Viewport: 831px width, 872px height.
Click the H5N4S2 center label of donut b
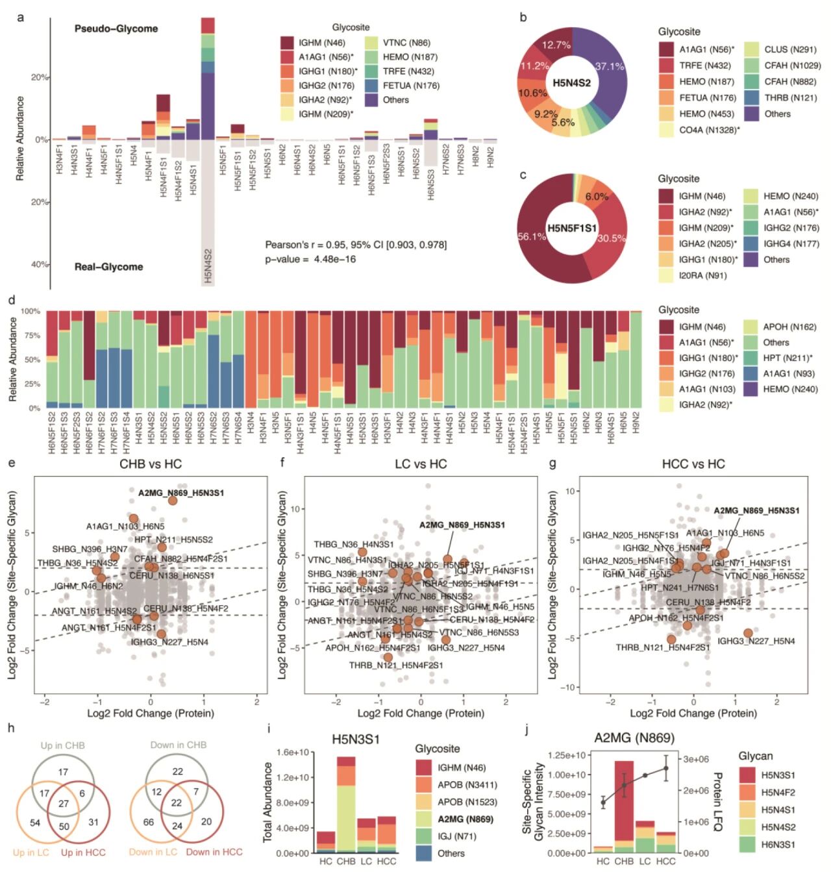571,82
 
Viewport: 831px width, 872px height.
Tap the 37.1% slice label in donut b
609,66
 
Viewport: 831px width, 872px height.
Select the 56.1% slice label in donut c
531,236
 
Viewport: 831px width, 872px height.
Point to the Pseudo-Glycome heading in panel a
116,29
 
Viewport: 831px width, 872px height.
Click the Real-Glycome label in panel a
108,266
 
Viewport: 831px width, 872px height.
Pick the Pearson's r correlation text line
356,245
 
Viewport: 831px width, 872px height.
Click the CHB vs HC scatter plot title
151,464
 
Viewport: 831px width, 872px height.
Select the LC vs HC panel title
421,464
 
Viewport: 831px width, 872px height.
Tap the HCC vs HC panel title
693,464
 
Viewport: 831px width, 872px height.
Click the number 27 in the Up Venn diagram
64,803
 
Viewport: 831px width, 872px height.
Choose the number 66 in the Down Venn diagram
148,822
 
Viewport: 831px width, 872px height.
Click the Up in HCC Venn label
83,852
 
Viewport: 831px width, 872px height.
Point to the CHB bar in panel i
346,804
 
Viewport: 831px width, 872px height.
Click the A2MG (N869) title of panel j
634,738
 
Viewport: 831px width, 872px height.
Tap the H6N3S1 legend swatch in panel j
747,844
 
